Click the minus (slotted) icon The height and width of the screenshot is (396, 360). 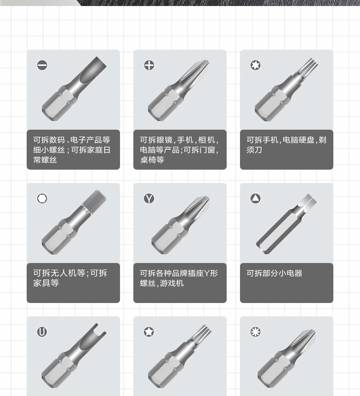point(42,65)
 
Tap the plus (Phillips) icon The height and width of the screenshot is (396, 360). point(149,65)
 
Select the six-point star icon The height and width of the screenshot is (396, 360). point(255,65)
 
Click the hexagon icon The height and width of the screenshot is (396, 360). point(42,199)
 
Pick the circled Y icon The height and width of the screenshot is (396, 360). point(149,199)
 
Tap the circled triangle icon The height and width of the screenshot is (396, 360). point(255,199)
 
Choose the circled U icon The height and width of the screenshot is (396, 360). point(42,332)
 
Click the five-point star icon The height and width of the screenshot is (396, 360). point(149,332)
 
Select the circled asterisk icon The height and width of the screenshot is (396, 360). point(255,332)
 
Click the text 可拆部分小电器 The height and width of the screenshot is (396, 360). point(274,273)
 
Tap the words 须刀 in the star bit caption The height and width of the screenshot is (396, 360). point(254,150)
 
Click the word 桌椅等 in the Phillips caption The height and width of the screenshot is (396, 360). point(152,160)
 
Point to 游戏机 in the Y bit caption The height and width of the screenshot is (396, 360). point(172,283)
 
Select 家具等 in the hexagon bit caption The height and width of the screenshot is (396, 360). point(46,283)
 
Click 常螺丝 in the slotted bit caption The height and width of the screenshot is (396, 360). point(45,160)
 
